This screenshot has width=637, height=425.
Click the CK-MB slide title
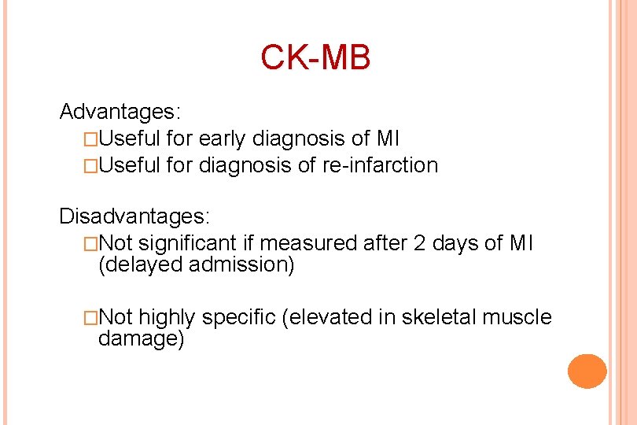click(x=315, y=57)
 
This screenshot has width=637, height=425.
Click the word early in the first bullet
click(x=223, y=139)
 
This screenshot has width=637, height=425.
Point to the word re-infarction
click(x=382, y=165)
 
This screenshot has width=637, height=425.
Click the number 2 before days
click(x=419, y=243)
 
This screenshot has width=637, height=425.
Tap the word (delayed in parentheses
click(x=141, y=265)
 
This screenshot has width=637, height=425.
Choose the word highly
click(x=168, y=317)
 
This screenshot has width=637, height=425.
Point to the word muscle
click(x=517, y=317)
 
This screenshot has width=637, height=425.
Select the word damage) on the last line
click(x=141, y=339)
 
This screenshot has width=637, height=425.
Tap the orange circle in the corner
click(x=587, y=371)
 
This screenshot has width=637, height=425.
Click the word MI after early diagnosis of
click(x=388, y=139)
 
